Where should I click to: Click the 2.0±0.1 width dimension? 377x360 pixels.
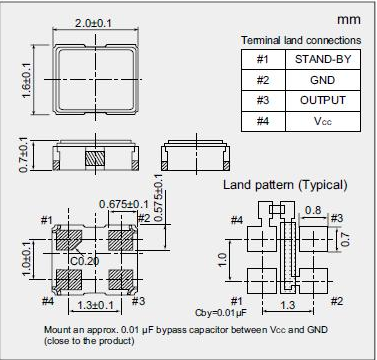tap(93, 23)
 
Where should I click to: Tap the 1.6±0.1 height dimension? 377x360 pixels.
tap(26, 81)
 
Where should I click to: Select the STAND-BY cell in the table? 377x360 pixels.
tap(323, 59)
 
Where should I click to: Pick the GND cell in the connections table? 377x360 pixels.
tap(323, 80)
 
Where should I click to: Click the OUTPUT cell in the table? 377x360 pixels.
tap(323, 100)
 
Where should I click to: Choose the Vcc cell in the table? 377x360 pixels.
tap(323, 121)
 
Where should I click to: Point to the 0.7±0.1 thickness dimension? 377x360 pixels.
tap(23, 155)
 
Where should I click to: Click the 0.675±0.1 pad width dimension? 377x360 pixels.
tap(124, 204)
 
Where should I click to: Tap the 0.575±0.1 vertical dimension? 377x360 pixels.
tap(159, 197)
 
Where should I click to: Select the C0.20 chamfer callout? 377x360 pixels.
tap(85, 261)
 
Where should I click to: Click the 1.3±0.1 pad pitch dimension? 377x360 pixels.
tap(95, 305)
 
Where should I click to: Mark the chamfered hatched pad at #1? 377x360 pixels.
tap(69, 240)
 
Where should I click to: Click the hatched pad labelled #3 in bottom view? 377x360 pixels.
tap(121, 279)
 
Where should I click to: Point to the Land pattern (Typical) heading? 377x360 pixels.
tap(285, 185)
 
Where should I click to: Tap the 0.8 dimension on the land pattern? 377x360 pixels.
tap(313, 210)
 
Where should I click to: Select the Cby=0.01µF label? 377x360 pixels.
tap(221, 313)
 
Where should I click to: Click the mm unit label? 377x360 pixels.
tap(349, 20)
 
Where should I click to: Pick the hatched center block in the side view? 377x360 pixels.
tap(95, 158)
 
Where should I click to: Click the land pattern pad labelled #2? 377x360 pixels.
tap(313, 281)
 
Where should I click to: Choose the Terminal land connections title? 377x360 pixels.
tap(301, 40)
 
